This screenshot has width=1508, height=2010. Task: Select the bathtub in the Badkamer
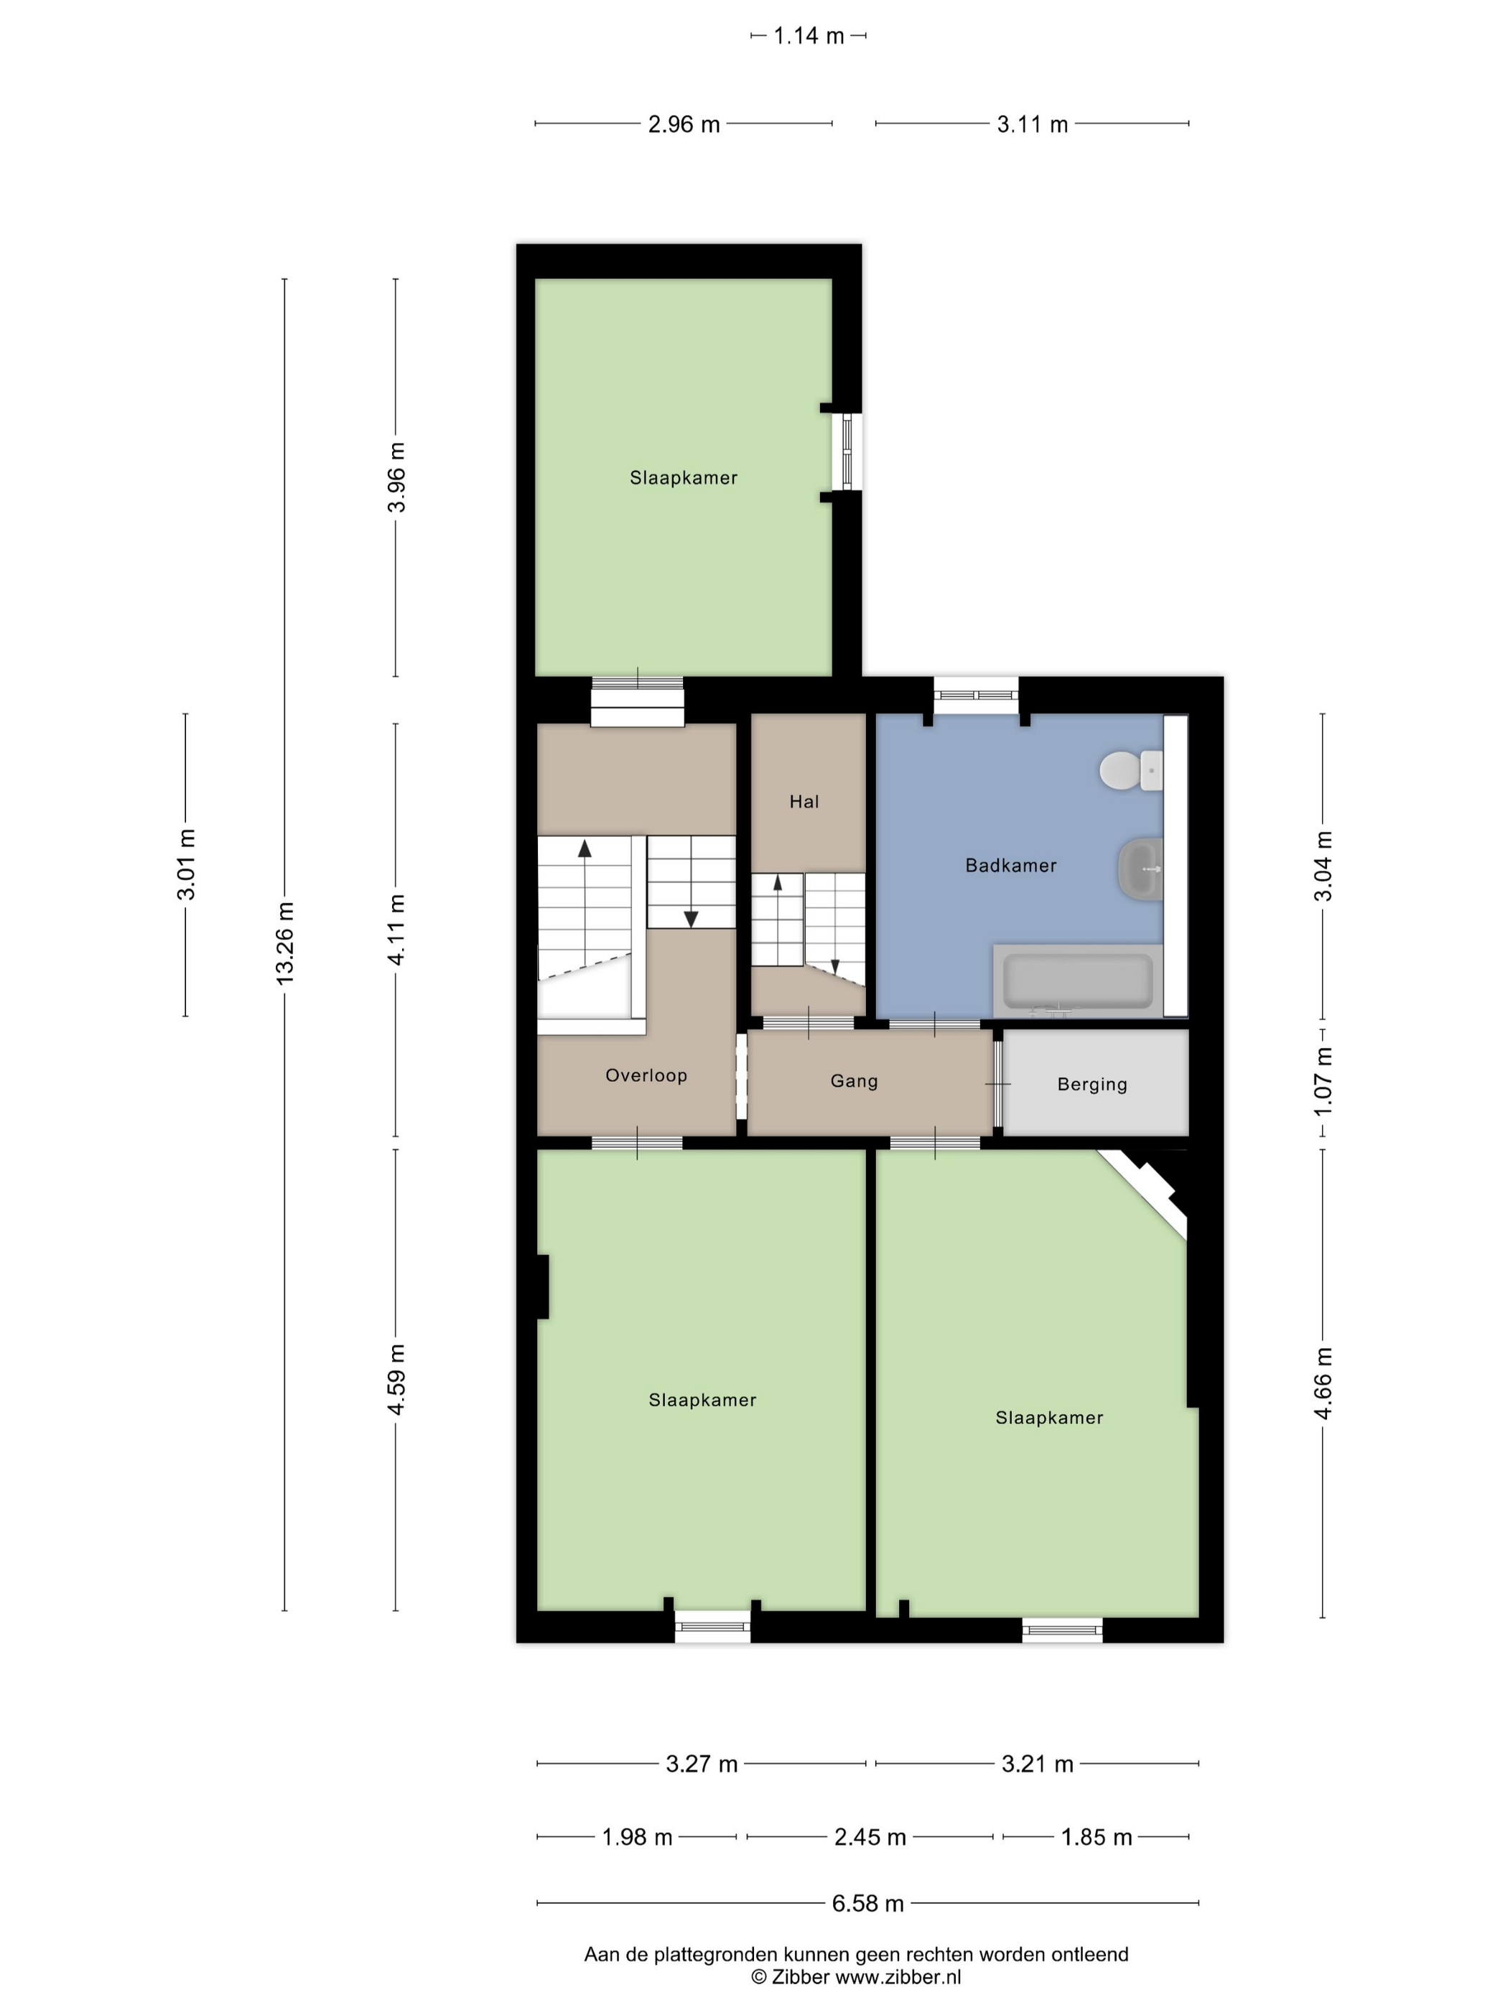1078,981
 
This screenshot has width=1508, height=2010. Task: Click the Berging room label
1092,1084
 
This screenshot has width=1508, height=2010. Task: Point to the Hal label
804,801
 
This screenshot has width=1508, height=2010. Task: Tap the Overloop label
646,1075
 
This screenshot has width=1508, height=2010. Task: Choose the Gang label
855,1081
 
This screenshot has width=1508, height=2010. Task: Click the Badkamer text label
1011,865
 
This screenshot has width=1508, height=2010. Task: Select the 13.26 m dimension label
284,943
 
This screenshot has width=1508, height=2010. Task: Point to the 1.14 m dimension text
808,35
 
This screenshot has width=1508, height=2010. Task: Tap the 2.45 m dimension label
870,1837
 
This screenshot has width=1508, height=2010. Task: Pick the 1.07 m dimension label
1323,1081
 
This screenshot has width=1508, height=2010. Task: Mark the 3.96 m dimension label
396,477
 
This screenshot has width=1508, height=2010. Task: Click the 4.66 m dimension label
1323,1383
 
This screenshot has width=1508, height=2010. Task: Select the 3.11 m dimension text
1032,124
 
